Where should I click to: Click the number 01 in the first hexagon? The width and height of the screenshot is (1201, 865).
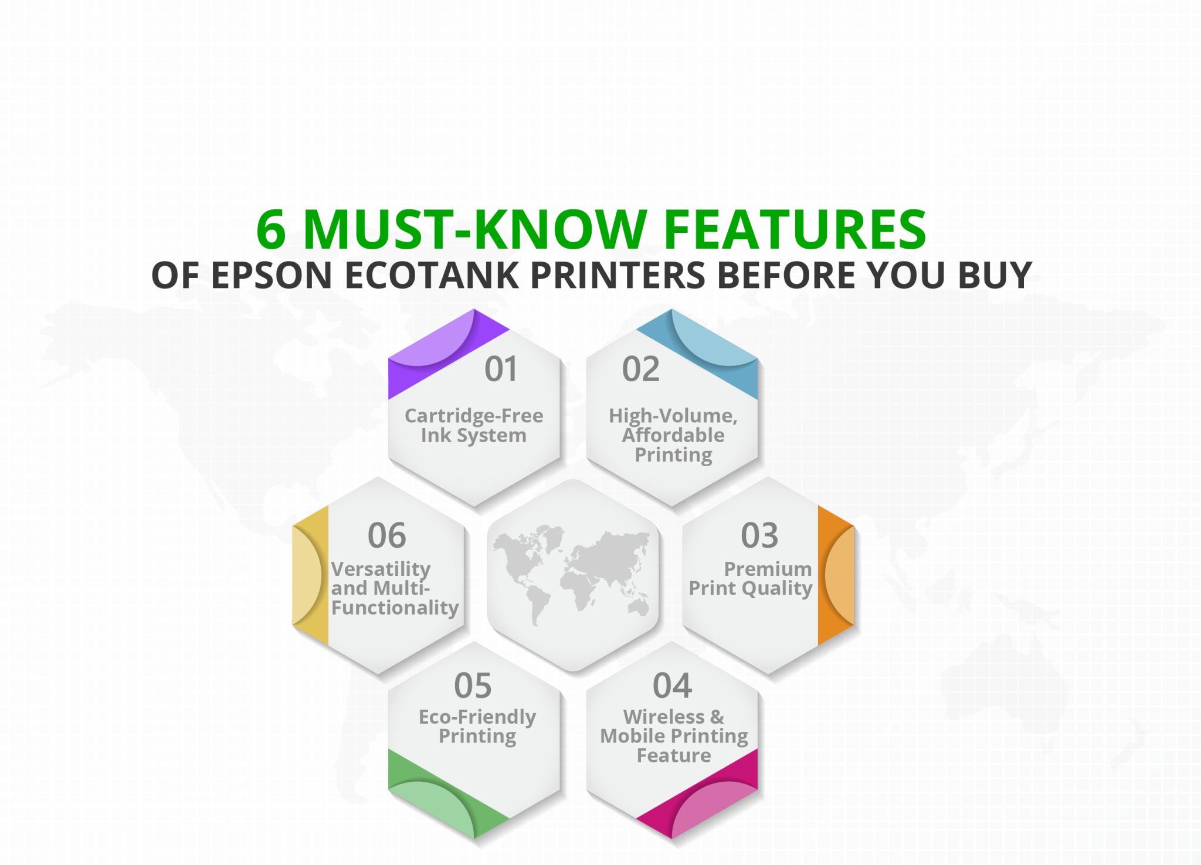[501, 369]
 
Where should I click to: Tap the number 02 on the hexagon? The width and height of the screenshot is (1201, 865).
[641, 369]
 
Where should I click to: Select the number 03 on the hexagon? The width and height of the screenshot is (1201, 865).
[759, 535]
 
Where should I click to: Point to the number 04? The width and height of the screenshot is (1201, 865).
[672, 686]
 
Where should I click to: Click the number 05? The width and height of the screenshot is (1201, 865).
[473, 686]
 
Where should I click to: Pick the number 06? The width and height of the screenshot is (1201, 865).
[386, 535]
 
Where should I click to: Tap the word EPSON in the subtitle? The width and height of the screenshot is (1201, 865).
[272, 275]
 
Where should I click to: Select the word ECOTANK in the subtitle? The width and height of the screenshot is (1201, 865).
[431, 275]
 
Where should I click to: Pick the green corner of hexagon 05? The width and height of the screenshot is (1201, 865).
[434, 798]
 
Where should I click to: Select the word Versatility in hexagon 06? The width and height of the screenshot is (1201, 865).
[381, 569]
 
